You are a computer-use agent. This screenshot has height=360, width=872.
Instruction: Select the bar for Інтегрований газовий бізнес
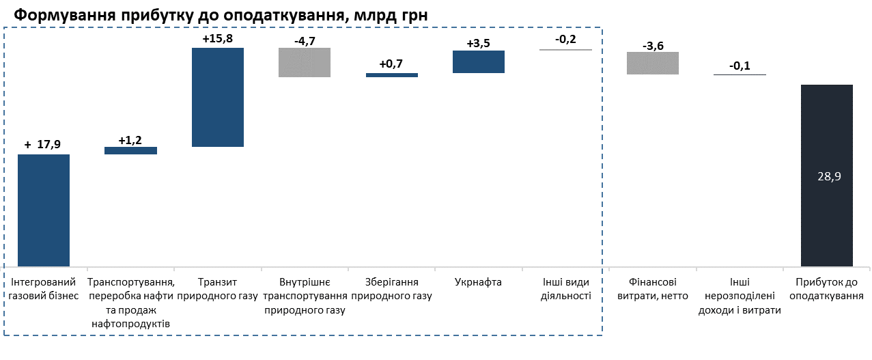pyautogui.click(x=44, y=210)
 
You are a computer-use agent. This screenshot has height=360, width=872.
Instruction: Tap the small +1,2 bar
pyautogui.click(x=130, y=150)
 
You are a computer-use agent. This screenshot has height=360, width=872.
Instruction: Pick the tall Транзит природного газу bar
pyautogui.click(x=218, y=97)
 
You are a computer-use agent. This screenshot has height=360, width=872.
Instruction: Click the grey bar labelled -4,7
pyautogui.click(x=305, y=63)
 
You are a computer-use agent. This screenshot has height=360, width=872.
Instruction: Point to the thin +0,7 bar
pyautogui.click(x=391, y=75)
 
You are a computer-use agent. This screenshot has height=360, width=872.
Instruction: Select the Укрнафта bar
pyautogui.click(x=478, y=61)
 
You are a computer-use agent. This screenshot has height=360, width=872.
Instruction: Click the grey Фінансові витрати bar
pyautogui.click(x=653, y=63)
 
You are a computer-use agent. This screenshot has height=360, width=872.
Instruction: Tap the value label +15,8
pyautogui.click(x=218, y=39)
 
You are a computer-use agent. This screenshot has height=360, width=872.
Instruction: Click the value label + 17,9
pyautogui.click(x=43, y=145)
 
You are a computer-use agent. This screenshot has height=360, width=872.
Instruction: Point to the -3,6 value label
pyautogui.click(x=653, y=46)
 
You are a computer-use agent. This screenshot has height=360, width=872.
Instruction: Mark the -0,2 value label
pyautogui.click(x=565, y=39)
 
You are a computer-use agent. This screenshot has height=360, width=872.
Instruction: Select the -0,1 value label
pyautogui.click(x=740, y=66)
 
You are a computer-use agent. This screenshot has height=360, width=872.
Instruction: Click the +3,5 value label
pyautogui.click(x=478, y=43)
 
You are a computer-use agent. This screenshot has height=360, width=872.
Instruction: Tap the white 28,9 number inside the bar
pyautogui.click(x=829, y=176)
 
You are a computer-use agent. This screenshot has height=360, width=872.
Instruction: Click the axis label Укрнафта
pyautogui.click(x=478, y=282)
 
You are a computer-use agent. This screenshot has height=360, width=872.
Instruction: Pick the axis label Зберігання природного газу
pyautogui.click(x=391, y=289)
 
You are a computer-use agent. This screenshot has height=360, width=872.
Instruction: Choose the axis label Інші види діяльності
pyautogui.click(x=565, y=289)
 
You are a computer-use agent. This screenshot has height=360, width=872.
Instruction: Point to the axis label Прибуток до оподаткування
pyautogui.click(x=829, y=289)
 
